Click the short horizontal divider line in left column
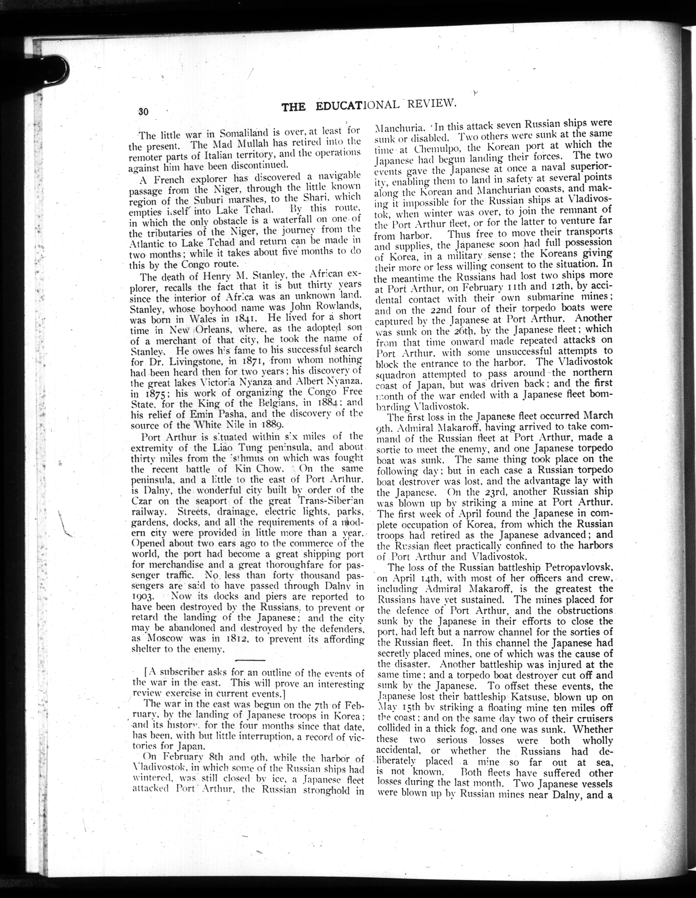coord(250,660)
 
